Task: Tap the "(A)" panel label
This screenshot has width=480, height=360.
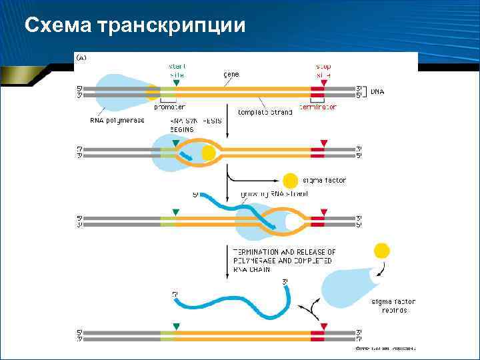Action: point(81,58)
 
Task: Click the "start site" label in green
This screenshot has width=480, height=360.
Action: point(177,71)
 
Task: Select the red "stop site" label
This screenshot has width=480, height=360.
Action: point(323,71)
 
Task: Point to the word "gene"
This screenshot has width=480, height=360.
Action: point(232,75)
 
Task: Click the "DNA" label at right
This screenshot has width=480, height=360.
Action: point(377,91)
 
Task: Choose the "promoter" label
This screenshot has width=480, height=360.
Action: point(169,107)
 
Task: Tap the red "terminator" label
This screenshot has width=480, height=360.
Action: point(318,107)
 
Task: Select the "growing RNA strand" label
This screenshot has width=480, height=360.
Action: point(273,194)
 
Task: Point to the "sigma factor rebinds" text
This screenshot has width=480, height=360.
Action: point(390,306)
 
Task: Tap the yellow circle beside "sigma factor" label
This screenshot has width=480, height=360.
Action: point(290,181)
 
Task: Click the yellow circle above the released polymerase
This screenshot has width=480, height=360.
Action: point(381,251)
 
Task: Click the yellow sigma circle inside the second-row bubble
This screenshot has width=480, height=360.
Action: point(209,153)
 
